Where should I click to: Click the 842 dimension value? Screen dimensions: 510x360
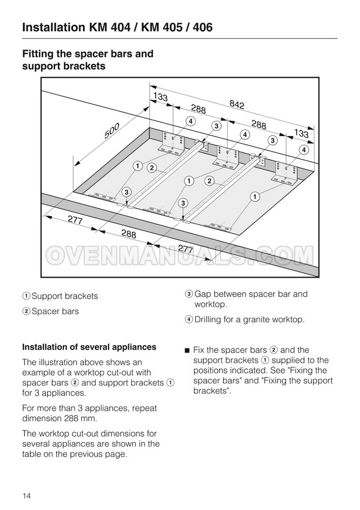pyautogui.click(x=237, y=104)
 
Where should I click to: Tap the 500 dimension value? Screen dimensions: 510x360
pyautogui.click(x=112, y=131)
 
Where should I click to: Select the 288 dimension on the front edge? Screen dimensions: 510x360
pyautogui.click(x=128, y=234)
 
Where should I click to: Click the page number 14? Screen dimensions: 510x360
pyautogui.click(x=27, y=495)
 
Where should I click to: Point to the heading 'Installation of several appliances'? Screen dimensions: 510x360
pyautogui.click(x=89, y=347)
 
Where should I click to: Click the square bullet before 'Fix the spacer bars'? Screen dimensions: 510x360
pyautogui.click(x=187, y=350)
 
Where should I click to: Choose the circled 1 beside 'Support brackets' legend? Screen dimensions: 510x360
pyautogui.click(x=26, y=296)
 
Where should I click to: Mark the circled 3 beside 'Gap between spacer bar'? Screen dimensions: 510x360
pyautogui.click(x=189, y=294)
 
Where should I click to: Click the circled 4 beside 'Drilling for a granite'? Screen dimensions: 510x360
pyautogui.click(x=189, y=319)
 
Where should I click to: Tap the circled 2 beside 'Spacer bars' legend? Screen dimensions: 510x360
pyautogui.click(x=26, y=311)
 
